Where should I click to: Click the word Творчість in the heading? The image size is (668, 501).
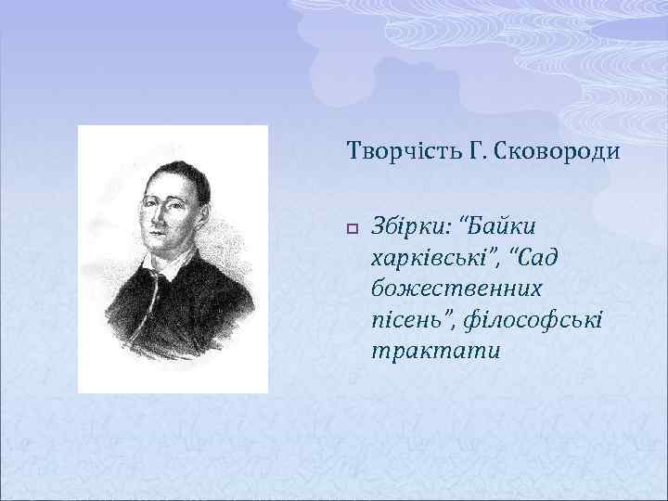coord(389,149)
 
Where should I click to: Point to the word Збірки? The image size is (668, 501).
coord(410,225)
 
